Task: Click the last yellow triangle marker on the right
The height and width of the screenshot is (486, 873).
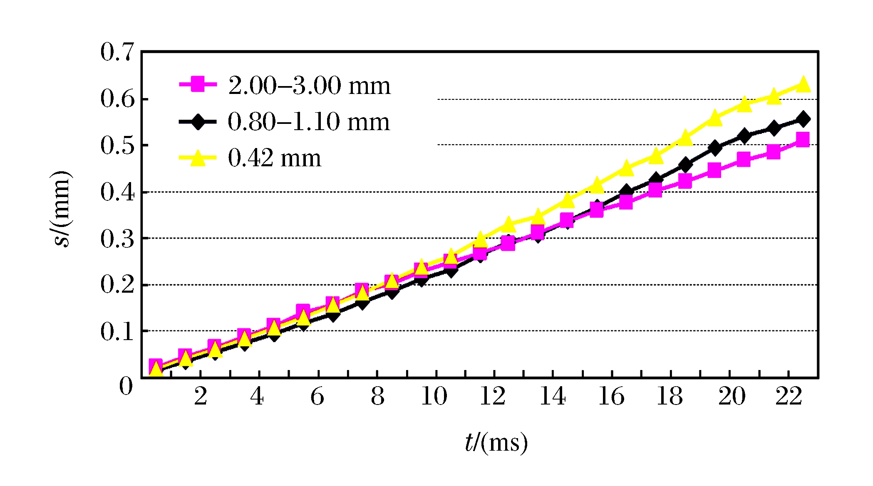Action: pos(803,84)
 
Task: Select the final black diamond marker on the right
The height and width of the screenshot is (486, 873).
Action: pos(803,119)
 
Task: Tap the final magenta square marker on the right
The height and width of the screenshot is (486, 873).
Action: pos(802,139)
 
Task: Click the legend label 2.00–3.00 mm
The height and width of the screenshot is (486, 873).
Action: pos(309,86)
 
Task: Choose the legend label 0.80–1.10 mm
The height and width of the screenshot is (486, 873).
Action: pos(309,122)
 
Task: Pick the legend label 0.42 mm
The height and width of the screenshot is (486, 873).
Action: pos(275,158)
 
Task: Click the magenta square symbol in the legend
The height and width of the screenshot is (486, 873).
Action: pos(198,84)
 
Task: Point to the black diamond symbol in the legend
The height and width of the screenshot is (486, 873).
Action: pos(198,122)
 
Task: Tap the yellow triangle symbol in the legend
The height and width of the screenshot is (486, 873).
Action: pos(198,158)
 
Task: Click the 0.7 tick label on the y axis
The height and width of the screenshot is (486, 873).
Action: pos(117,53)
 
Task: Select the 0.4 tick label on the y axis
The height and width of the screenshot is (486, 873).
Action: pos(117,192)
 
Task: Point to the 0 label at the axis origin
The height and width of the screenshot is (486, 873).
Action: pos(126,387)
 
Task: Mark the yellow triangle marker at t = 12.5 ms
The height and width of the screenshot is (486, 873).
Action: pos(508,224)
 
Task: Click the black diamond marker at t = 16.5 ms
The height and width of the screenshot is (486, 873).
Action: pos(626,192)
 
